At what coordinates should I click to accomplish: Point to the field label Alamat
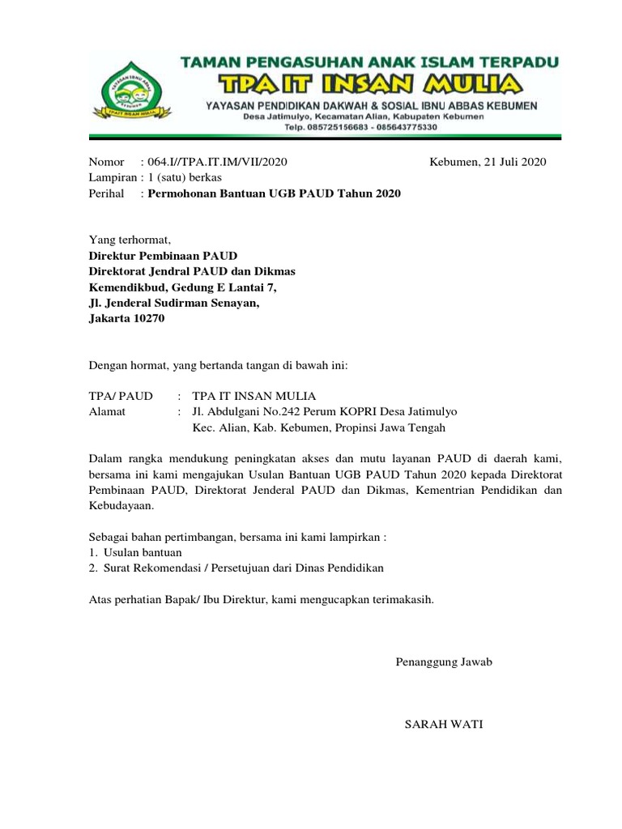click(x=107, y=412)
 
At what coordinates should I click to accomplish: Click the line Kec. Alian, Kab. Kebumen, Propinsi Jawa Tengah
click(x=319, y=428)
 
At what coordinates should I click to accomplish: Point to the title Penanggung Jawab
click(x=444, y=661)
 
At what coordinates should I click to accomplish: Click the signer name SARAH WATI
click(x=444, y=724)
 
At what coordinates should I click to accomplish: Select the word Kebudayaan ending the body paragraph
click(x=120, y=506)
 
